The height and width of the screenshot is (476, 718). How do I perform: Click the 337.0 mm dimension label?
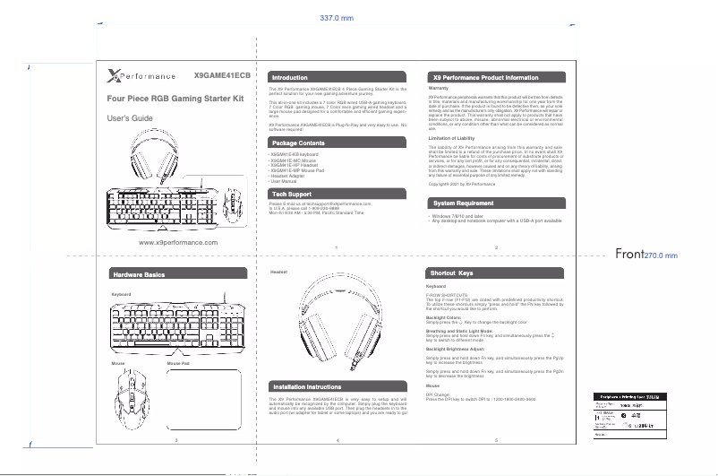[x=337, y=17]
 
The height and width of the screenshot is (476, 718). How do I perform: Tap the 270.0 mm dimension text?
[x=661, y=255]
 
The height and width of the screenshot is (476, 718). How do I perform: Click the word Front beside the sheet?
[x=630, y=255]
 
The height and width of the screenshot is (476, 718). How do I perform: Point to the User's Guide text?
[x=131, y=119]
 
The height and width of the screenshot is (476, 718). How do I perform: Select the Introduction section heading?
[x=290, y=78]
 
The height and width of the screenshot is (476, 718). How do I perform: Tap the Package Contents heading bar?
[x=299, y=143]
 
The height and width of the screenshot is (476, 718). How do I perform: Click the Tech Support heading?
[x=292, y=194]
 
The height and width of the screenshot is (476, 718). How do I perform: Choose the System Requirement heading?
[x=463, y=203]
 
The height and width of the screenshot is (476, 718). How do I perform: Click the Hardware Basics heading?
[x=139, y=273]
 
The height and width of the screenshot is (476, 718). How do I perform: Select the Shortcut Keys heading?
[x=451, y=272]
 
